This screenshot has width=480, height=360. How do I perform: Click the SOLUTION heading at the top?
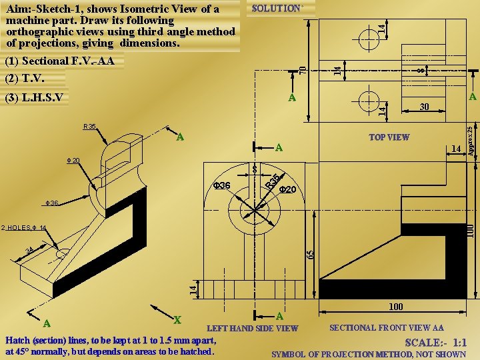point(277,8)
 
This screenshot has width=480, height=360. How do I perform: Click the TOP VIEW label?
point(389,137)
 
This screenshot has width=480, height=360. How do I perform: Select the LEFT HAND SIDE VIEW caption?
point(253,328)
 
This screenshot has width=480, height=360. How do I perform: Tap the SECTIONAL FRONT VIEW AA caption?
point(387,328)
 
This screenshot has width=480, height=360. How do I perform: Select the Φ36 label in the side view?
point(221,185)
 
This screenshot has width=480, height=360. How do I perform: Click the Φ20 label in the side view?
point(288,190)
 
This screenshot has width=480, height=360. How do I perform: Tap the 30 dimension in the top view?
point(425,107)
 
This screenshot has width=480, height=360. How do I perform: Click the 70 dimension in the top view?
point(303,69)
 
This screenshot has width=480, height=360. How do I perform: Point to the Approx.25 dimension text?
point(470,141)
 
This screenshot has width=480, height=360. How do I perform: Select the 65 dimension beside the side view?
point(310,255)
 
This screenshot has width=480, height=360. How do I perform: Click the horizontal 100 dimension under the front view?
point(395,307)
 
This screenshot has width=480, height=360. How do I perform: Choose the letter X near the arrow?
point(177,319)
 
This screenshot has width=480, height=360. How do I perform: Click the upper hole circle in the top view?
point(367,37)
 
